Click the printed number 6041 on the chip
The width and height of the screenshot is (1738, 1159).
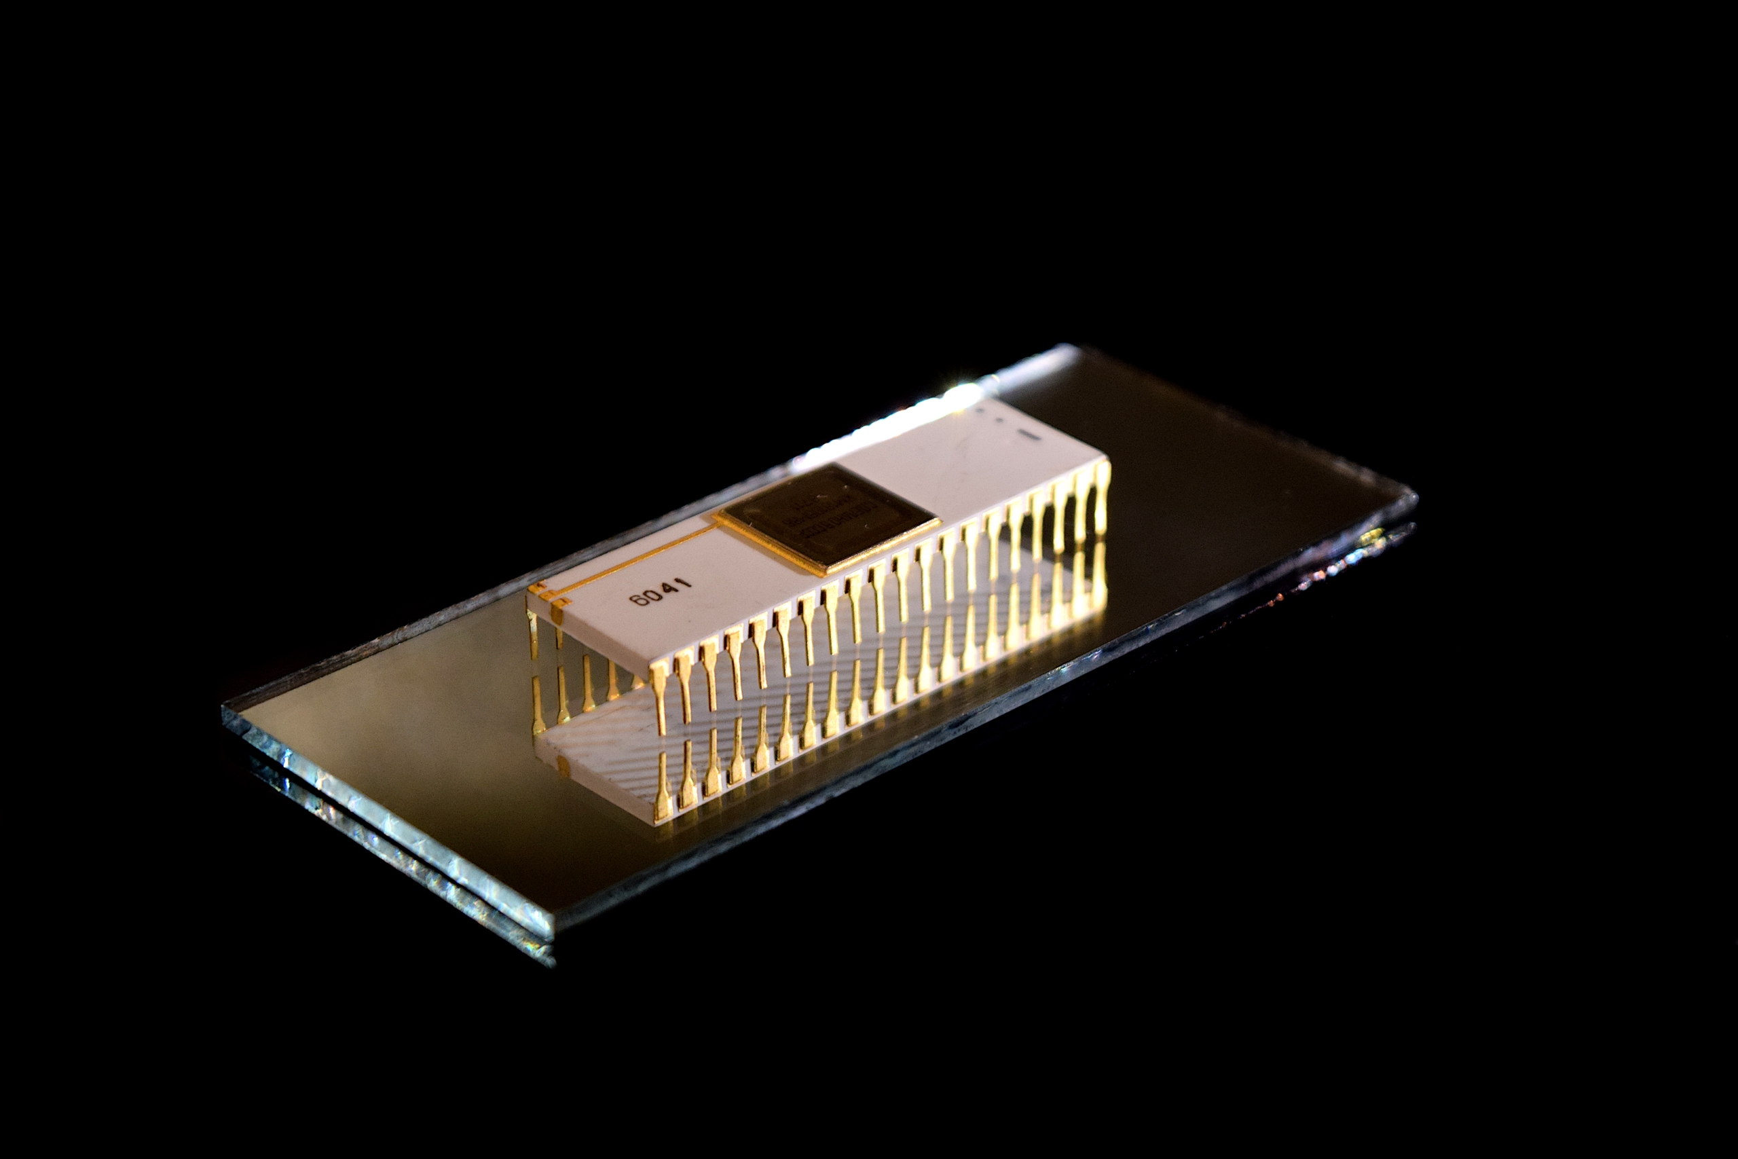(661, 591)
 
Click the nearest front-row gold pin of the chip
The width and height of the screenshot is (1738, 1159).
(660, 699)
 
